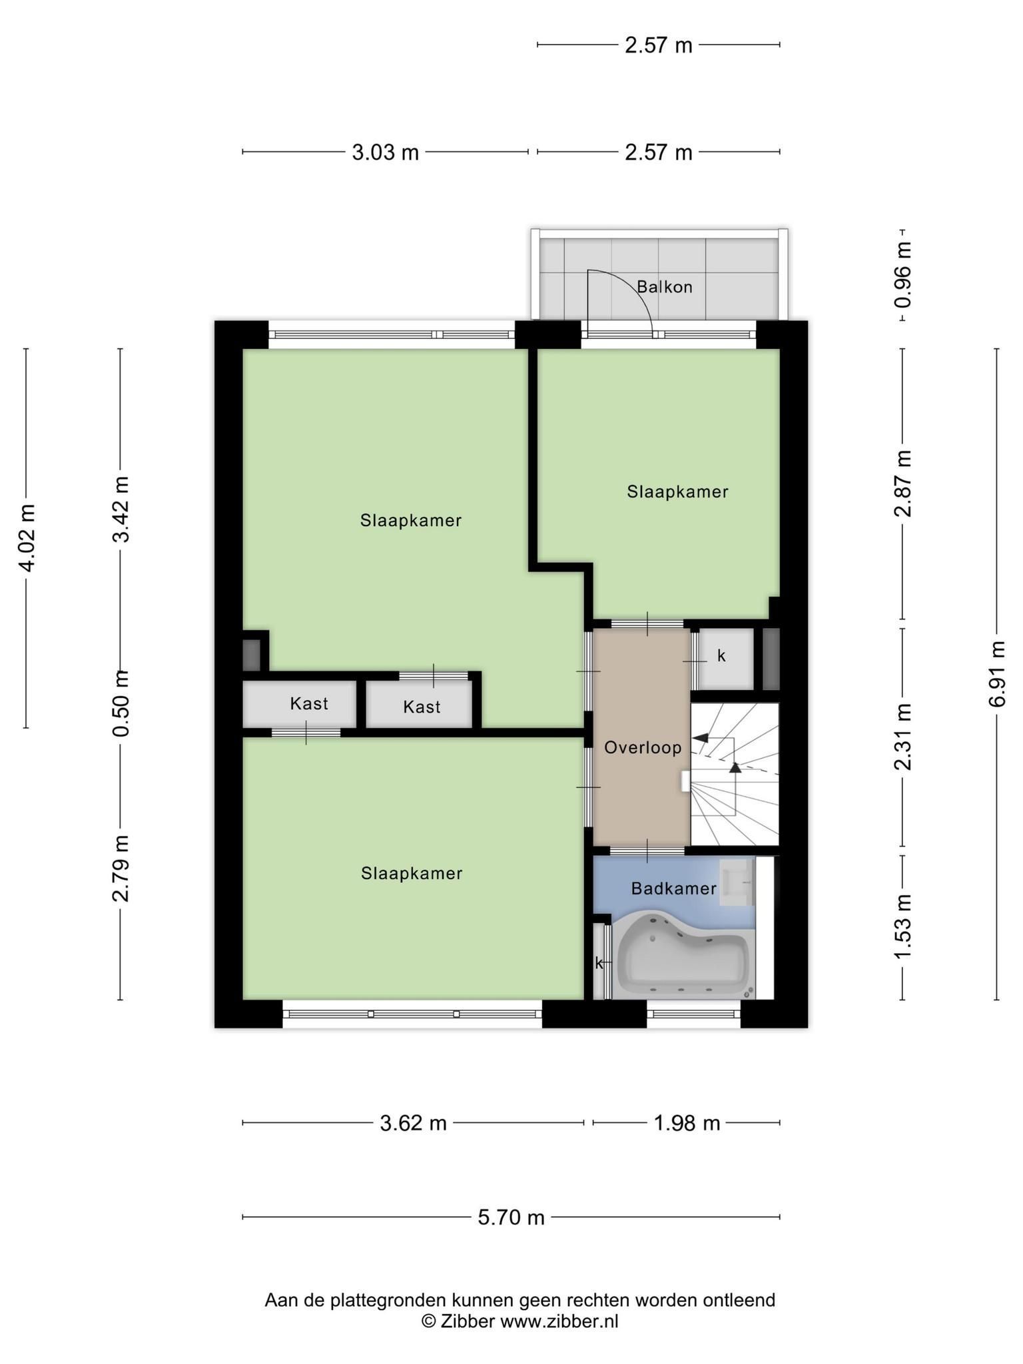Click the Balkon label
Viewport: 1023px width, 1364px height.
click(664, 287)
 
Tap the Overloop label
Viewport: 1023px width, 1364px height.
click(643, 748)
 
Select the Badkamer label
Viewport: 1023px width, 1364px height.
click(673, 888)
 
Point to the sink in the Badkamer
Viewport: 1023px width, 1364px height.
click(737, 882)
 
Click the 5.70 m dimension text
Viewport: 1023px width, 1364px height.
click(511, 1218)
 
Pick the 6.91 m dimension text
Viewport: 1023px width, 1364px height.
click(997, 674)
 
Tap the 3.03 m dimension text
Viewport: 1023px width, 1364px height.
click(385, 153)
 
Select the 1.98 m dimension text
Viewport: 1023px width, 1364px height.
click(687, 1124)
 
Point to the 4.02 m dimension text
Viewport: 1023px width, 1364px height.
click(27, 538)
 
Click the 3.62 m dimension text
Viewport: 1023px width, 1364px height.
click(413, 1124)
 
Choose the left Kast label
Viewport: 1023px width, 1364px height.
click(309, 704)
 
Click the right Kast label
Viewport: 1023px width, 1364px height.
click(422, 707)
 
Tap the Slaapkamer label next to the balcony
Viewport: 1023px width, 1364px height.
click(677, 492)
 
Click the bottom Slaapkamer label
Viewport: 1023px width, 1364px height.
click(412, 873)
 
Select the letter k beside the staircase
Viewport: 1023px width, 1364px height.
click(721, 656)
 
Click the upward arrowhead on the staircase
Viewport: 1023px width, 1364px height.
click(735, 767)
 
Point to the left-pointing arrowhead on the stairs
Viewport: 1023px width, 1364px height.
click(700, 738)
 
